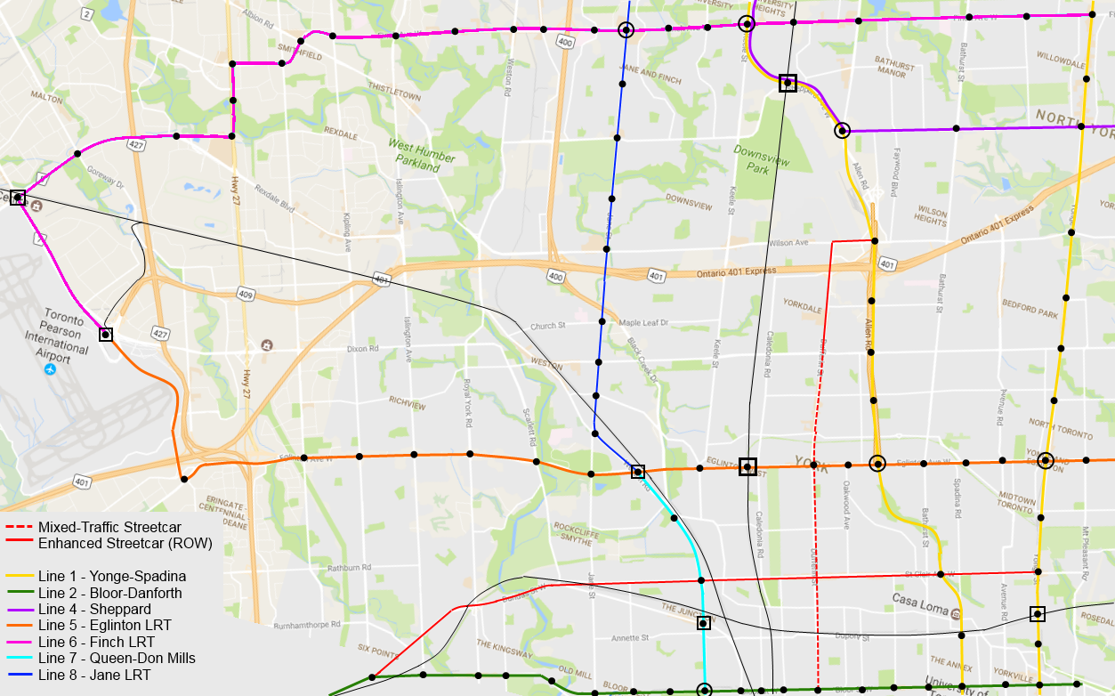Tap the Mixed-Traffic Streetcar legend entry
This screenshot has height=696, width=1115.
[109, 527]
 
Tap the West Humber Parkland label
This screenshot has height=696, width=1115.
[421, 155]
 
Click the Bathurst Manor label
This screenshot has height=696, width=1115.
[893, 69]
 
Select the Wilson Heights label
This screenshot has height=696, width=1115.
[931, 215]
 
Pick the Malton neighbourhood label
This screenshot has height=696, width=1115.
[46, 95]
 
